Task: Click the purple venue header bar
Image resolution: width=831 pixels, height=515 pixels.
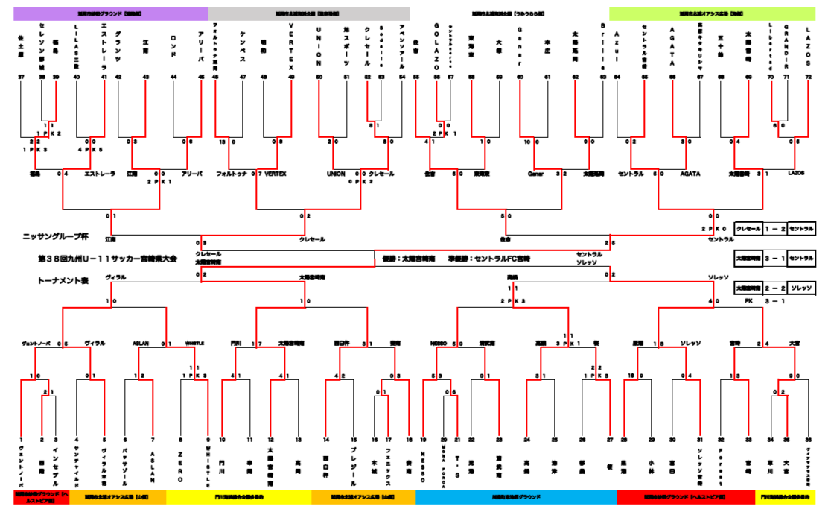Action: click(x=110, y=13)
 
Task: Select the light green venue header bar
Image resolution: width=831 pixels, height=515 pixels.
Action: click(x=713, y=13)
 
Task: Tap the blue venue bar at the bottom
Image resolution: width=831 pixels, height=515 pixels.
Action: click(x=515, y=496)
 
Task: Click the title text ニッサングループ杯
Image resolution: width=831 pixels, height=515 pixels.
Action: click(x=55, y=236)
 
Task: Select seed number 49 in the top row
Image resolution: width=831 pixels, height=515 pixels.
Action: click(x=290, y=77)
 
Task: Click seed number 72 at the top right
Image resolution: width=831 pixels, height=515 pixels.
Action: click(x=807, y=77)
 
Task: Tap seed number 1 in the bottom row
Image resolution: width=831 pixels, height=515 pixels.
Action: click(x=22, y=440)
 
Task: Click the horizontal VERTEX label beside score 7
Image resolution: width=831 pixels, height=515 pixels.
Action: click(x=273, y=174)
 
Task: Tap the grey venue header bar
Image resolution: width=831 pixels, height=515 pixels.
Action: click(x=308, y=13)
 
